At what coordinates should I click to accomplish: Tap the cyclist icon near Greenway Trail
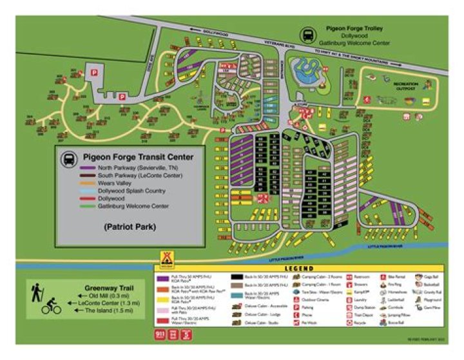(x=51, y=308)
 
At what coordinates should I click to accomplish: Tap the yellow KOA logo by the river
(x=166, y=258)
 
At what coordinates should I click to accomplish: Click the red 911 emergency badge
(x=160, y=334)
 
